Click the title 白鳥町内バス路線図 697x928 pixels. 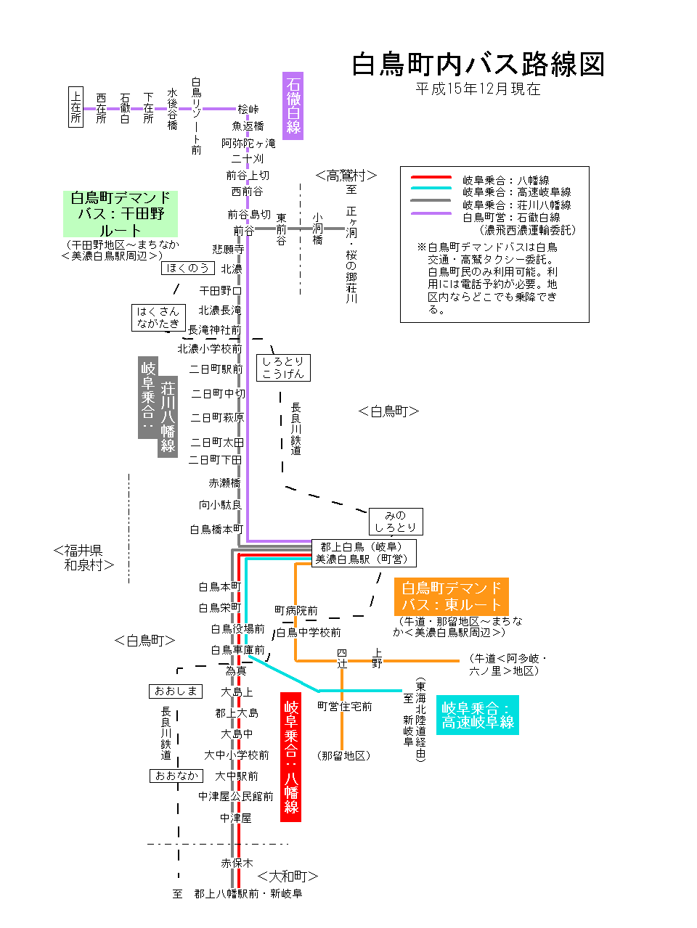(478, 65)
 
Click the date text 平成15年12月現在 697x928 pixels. (478, 89)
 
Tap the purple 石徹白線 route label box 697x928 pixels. (293, 106)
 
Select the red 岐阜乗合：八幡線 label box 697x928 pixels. (290, 757)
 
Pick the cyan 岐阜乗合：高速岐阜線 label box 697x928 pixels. (478, 715)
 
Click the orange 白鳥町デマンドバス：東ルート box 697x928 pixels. (451, 596)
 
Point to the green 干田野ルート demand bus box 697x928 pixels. (121, 213)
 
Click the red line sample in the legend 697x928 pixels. (431, 177)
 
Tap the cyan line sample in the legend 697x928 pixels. (431, 189)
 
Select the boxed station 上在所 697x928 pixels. (76, 107)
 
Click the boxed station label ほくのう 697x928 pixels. (187, 268)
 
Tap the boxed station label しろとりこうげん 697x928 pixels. (283, 367)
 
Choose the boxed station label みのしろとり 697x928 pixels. (396, 521)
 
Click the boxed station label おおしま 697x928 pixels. (176, 691)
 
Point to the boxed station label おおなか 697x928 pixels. (176, 776)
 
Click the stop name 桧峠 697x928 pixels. (248, 110)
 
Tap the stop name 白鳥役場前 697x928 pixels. (237, 629)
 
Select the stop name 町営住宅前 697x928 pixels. (344, 706)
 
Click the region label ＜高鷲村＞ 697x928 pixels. (346, 176)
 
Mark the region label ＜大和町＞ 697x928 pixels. (288, 876)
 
